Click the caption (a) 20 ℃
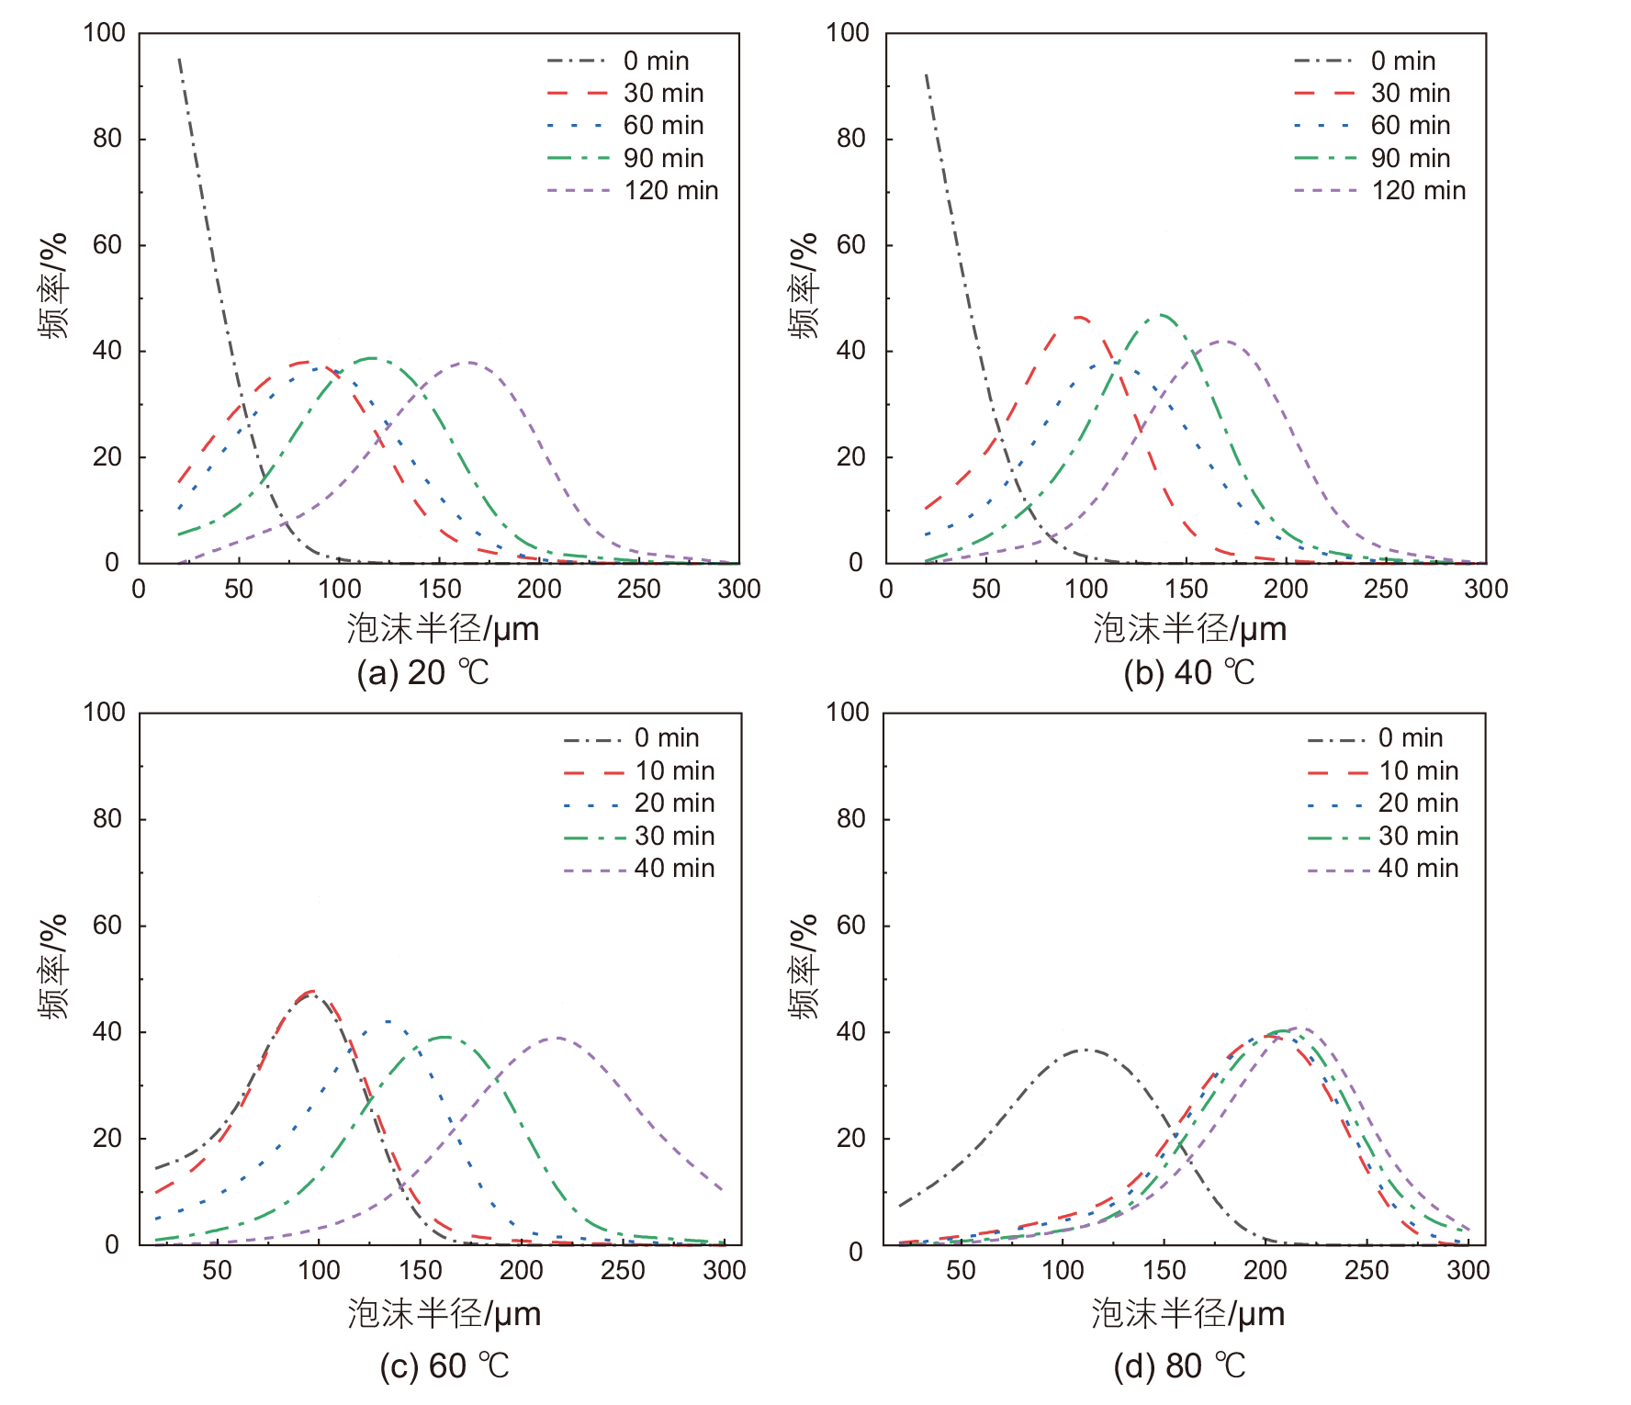(423, 673)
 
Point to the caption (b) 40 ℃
(1189, 673)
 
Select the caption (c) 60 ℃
(444, 1366)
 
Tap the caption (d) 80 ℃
(1180, 1366)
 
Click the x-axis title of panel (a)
(443, 629)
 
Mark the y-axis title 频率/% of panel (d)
(803, 966)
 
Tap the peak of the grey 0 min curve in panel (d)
(1085, 1049)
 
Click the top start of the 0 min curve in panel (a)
(179, 59)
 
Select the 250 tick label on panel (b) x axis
(1386, 589)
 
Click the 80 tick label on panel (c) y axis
(107, 818)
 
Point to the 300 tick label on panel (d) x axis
(1468, 1270)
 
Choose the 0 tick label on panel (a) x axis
(139, 589)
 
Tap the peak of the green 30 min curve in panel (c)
(444, 1037)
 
